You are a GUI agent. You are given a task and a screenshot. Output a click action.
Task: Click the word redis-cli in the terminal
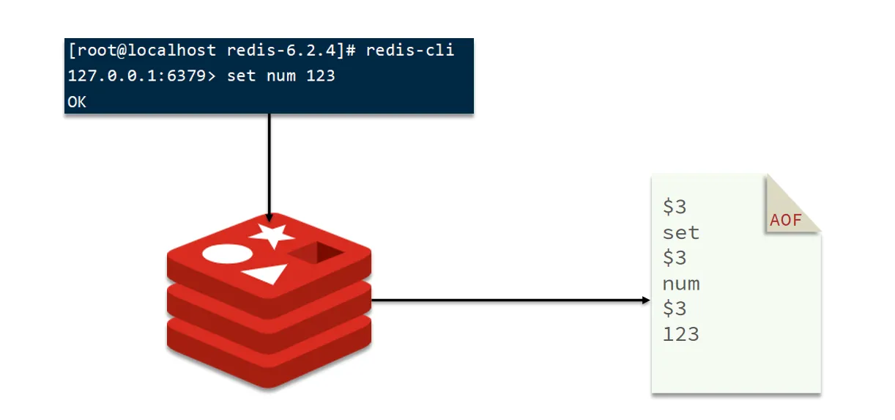point(410,51)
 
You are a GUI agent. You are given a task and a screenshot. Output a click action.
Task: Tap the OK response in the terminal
point(77,102)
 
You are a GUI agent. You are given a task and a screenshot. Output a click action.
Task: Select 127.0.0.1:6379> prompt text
point(142,76)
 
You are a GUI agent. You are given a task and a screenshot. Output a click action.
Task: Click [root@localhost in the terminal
point(143,51)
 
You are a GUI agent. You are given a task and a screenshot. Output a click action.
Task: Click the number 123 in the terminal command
point(321,76)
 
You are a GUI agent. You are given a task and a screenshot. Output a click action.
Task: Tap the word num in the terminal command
point(281,76)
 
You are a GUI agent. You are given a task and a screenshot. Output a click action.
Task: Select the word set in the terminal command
point(242,76)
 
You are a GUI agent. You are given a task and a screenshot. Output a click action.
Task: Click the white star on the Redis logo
point(272,235)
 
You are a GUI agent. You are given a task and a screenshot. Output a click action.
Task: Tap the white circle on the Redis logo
point(227,254)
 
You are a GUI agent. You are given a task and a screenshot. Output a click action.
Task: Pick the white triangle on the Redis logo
point(266,273)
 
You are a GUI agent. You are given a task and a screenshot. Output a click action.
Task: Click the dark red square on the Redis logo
point(316,252)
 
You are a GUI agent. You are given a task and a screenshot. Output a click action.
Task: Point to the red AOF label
point(786,221)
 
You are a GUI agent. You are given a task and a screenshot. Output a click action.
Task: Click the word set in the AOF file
point(681,232)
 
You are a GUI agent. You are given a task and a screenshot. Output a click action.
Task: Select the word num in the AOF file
point(681,284)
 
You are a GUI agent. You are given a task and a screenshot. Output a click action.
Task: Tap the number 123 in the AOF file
point(681,334)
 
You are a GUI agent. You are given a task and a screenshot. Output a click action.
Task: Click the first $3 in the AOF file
point(675,207)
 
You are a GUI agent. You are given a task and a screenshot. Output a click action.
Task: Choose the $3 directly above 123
point(675,309)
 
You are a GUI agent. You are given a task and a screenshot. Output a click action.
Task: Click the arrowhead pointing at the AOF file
point(646,300)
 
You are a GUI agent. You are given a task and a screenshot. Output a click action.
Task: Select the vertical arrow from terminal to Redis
point(270,167)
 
